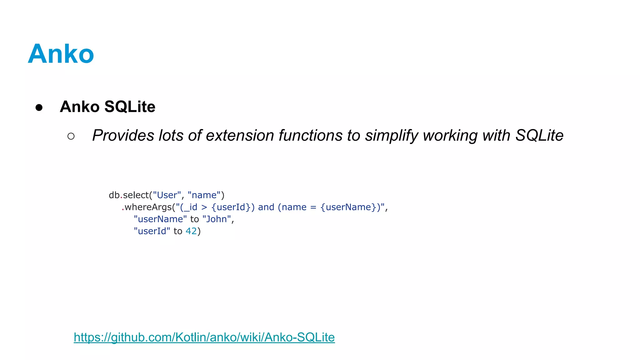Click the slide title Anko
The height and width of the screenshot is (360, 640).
61,54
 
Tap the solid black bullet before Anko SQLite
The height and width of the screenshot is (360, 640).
39,107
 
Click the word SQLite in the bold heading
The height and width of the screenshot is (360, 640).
130,107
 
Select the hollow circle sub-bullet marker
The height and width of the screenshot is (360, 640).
71,136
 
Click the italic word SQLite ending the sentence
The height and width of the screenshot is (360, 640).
539,136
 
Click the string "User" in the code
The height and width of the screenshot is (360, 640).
167,195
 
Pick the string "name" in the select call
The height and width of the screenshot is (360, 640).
204,195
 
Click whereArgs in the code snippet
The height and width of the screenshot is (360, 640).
148,207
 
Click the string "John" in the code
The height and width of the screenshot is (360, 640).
217,219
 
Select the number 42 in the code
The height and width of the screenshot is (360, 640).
191,231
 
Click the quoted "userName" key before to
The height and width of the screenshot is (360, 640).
160,219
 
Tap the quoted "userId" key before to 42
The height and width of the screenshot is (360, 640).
152,231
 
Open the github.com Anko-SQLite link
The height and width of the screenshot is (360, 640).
204,337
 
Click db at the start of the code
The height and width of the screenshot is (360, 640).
114,195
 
